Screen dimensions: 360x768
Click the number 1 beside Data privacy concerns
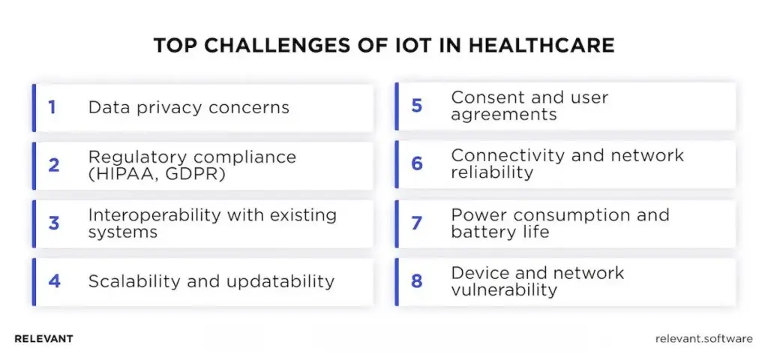[52, 107]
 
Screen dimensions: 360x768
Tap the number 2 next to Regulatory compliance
[53, 165]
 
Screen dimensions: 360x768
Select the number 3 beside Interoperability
[53, 223]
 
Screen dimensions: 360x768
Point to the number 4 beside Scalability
[54, 281]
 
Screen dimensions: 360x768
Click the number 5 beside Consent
[417, 106]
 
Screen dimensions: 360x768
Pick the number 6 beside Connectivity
[417, 164]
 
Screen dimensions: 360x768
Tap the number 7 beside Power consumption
[417, 223]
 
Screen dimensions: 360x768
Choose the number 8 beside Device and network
[417, 281]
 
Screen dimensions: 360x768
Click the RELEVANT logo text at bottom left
[43, 339]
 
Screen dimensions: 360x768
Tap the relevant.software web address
[703, 339]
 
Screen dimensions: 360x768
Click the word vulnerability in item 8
[504, 290]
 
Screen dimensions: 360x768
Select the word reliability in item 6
[491, 173]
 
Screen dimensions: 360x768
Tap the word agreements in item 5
[504, 115]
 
